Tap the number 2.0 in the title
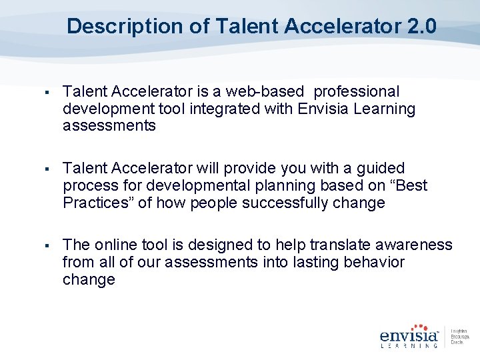tap(421, 27)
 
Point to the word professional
tap(357, 91)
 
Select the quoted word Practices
tap(99, 203)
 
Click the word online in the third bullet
tap(115, 245)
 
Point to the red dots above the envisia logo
tap(418, 326)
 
